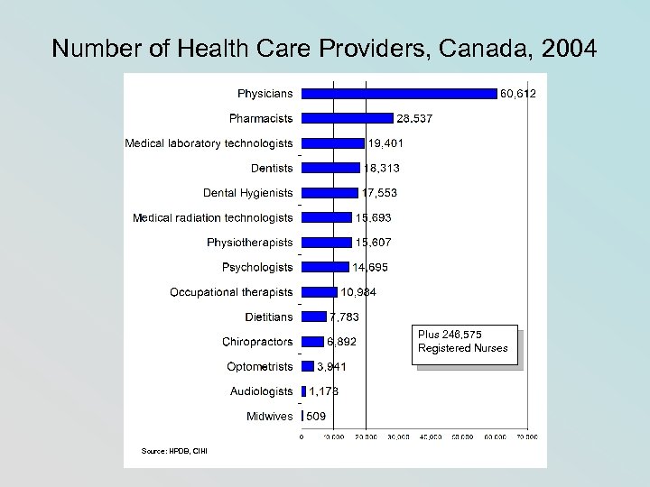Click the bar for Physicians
pyautogui.click(x=399, y=93)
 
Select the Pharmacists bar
pyautogui.click(x=348, y=118)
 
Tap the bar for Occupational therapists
pyautogui.click(x=320, y=291)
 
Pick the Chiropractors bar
pyautogui.click(x=312, y=341)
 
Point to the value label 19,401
pyautogui.click(x=385, y=142)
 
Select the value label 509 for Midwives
pyautogui.click(x=316, y=417)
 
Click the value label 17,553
pyautogui.click(x=379, y=192)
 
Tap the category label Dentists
pyautogui.click(x=272, y=168)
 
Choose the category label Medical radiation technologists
pyautogui.click(x=213, y=217)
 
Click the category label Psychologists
pyautogui.click(x=257, y=267)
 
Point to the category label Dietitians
pyautogui.click(x=269, y=317)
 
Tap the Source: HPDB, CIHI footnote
pyautogui.click(x=162, y=450)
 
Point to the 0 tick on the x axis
pyautogui.click(x=302, y=437)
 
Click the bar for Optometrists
pyautogui.click(x=308, y=366)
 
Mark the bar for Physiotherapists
pyautogui.click(x=327, y=242)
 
